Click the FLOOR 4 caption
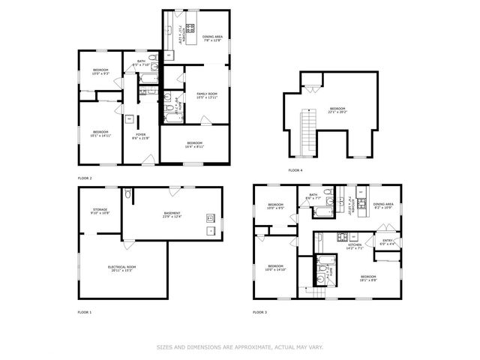pos(295,170)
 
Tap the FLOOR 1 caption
pos(84,311)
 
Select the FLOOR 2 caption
pos(84,178)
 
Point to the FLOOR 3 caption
pos(259,311)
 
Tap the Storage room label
pos(100,211)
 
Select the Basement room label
pos(172,215)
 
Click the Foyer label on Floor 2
pos(141,137)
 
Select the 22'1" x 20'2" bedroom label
pos(337,111)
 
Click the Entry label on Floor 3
pos(386,242)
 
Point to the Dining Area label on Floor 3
pos(383,205)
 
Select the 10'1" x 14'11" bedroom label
pos(100,134)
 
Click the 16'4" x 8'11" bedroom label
pos(194,145)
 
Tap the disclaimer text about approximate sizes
pos(240,347)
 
